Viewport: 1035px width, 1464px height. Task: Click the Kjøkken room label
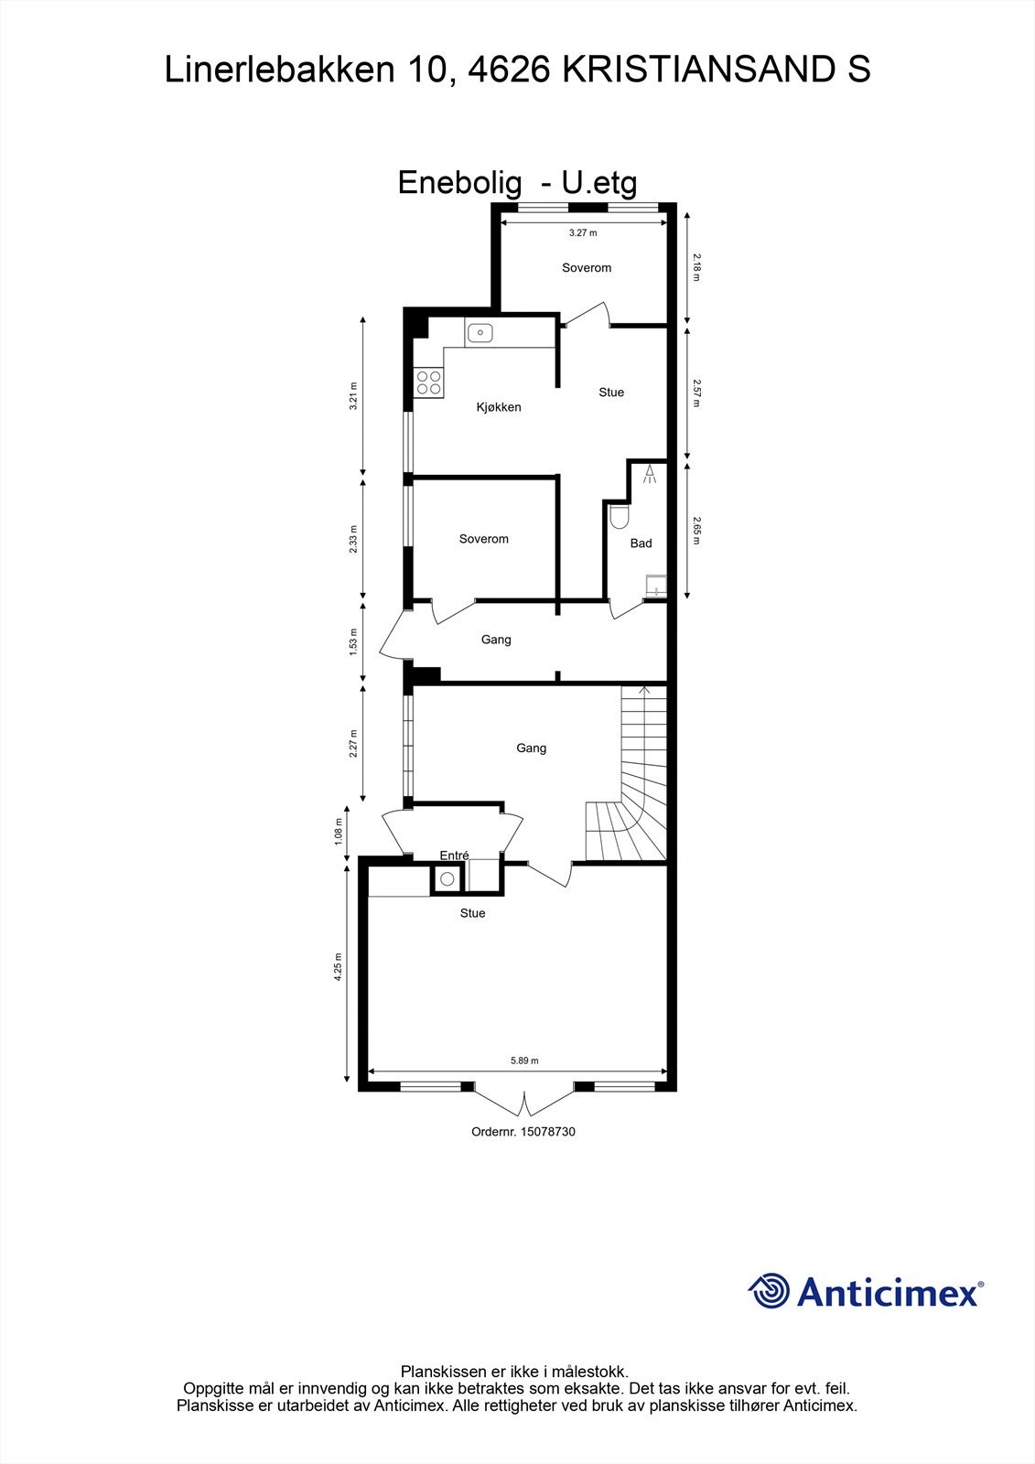499,407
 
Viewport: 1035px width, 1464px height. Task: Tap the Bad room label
641,544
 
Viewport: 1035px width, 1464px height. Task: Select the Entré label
454,856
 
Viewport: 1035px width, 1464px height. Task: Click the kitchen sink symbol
480,332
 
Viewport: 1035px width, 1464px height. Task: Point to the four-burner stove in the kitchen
428,382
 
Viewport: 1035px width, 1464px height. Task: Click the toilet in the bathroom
620,517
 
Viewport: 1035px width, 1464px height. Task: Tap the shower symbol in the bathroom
650,474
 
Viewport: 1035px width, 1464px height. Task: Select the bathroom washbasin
656,587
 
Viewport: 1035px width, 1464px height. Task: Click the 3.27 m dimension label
583,233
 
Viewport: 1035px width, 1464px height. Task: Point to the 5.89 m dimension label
524,1061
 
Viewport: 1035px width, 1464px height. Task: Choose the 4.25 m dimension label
338,967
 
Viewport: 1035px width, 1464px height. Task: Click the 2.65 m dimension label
696,531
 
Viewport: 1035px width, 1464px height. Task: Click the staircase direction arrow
644,690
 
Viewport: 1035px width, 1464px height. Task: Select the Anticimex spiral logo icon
769,1291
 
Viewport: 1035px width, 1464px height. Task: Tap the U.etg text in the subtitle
599,183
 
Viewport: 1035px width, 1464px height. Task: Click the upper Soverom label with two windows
587,268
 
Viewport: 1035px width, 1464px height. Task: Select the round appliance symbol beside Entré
447,879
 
